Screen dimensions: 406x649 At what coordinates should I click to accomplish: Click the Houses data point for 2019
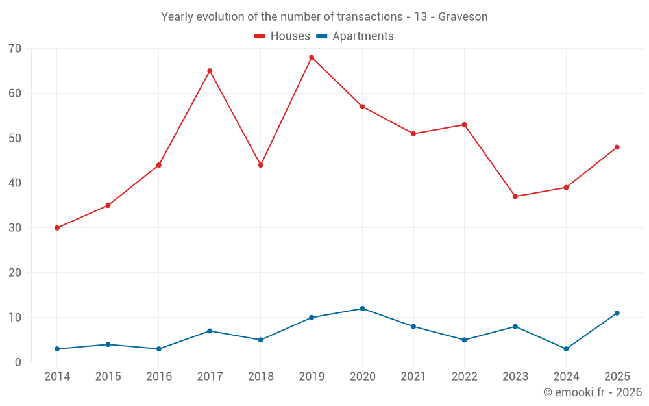pos(312,58)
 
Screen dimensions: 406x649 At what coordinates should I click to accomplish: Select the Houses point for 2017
pos(210,71)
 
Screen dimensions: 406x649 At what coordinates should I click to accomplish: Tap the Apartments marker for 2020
pos(362,309)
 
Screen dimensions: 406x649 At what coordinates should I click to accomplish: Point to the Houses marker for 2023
pos(515,196)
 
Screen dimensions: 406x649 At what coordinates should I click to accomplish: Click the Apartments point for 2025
pos(617,313)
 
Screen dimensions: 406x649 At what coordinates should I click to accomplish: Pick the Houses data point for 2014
pos(57,228)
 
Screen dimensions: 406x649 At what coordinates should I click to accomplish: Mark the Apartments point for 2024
pos(566,349)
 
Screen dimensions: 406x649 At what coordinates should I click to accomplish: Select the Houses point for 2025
pos(617,147)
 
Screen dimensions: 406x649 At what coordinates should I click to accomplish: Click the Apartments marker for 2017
pos(210,331)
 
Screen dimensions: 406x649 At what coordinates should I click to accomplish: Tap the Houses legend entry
pos(282,36)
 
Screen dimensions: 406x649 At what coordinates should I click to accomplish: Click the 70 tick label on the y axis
pos(15,49)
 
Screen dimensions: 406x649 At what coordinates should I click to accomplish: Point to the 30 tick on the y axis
pos(15,228)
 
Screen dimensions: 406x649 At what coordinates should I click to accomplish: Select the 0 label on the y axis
pos(18,362)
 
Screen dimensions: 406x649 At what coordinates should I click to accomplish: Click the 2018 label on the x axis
pos(261,377)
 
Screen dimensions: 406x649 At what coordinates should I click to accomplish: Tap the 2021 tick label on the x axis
pos(413,377)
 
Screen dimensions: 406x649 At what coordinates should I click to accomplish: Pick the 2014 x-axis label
pos(57,377)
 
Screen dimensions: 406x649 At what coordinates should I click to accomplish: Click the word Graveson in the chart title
pos(463,17)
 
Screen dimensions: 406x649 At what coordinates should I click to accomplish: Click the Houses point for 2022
pos(464,125)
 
